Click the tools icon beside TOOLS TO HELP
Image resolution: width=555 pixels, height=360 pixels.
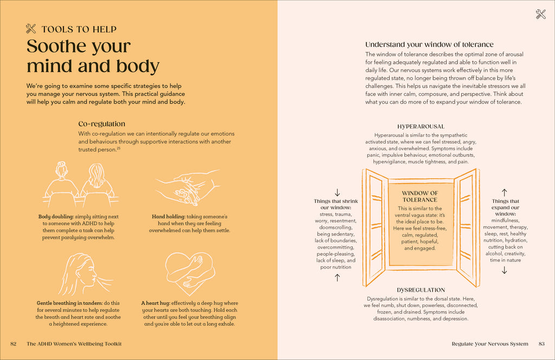pos(31,29)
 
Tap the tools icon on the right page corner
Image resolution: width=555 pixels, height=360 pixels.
pos(540,15)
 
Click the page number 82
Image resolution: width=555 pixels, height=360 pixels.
pos(14,344)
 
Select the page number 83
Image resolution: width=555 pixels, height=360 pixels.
pos(541,344)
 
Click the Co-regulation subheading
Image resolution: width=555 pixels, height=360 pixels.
pos(101,124)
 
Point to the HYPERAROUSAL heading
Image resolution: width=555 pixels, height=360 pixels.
pos(421,126)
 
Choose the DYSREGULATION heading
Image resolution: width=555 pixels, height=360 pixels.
pos(421,290)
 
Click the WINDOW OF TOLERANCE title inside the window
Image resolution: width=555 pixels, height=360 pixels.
pos(420,196)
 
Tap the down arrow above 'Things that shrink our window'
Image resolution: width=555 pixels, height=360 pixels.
pos(337,192)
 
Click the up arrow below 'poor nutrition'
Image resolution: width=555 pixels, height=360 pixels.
pos(337,277)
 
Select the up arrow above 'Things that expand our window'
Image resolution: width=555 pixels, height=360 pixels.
pos(505,192)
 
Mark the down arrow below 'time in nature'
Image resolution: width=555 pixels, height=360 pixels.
pos(505,269)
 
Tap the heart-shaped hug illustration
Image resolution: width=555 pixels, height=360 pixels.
pos(190,271)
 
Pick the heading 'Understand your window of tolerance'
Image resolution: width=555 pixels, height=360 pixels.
pos(429,44)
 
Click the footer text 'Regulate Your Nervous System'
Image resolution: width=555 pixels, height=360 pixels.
pos(489,344)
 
